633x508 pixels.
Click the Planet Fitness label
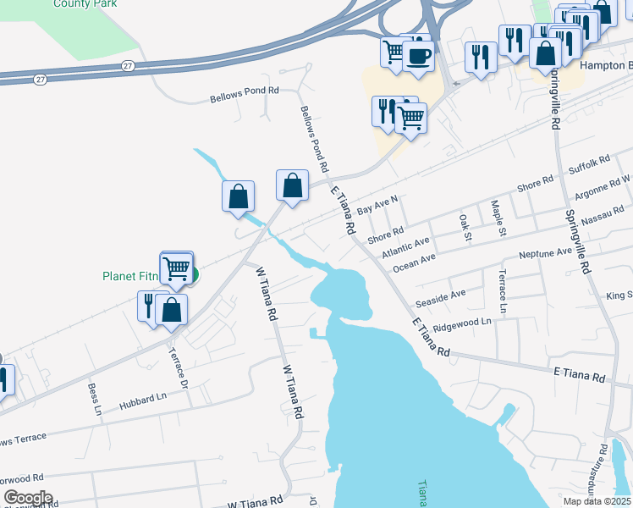(132, 276)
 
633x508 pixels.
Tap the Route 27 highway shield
(127, 65)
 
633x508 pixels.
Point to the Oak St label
(464, 228)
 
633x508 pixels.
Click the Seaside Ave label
(440, 299)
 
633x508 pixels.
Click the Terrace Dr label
(178, 368)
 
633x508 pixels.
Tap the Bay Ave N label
(377, 204)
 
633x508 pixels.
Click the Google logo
(28, 497)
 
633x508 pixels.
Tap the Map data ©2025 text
(597, 501)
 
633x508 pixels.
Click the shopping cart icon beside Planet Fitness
(176, 268)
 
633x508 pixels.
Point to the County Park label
(84, 3)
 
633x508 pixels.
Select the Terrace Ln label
(503, 292)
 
